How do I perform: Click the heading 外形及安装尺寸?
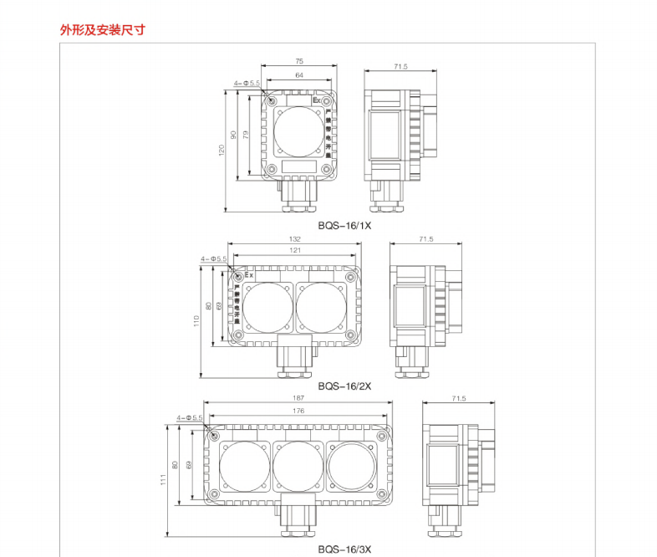point(102,30)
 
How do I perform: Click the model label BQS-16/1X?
point(344,225)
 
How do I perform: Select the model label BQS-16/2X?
point(344,386)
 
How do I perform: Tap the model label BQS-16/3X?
point(344,549)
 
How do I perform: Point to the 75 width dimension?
point(299,61)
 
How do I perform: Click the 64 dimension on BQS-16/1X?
point(299,76)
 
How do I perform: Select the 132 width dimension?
point(295,240)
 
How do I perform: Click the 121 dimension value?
point(295,251)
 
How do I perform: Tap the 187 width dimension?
point(298,398)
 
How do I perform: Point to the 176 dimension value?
point(298,411)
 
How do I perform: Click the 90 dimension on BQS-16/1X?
point(234,135)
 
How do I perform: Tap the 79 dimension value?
point(246,135)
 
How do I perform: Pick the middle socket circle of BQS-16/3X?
point(298,467)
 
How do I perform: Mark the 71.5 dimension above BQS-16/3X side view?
point(458,399)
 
